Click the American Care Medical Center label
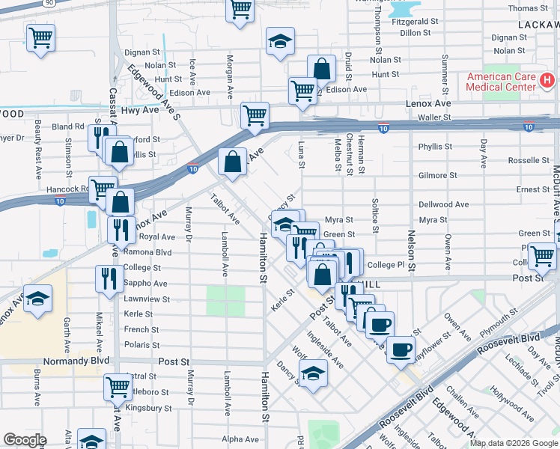click(x=500, y=82)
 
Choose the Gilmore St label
click(x=438, y=175)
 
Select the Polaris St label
click(x=141, y=345)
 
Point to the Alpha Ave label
click(x=239, y=439)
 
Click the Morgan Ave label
click(x=231, y=73)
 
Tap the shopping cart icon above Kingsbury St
click(x=118, y=386)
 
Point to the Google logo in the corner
click(x=25, y=440)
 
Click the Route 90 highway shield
click(x=49, y=3)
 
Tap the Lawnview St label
click(x=146, y=299)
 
